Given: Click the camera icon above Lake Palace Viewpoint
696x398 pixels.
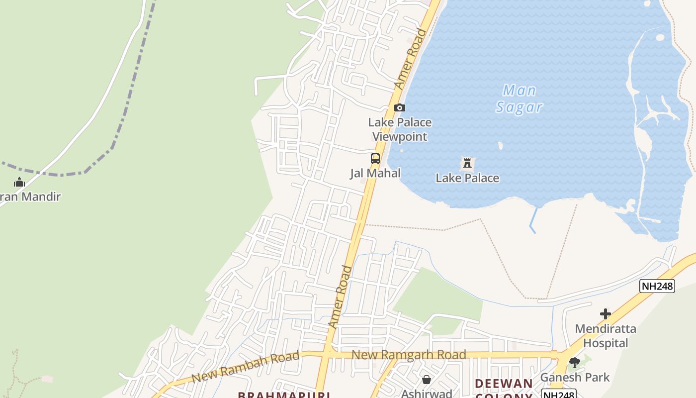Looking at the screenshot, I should click(x=399, y=107).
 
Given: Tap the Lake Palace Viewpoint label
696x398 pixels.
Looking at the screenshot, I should click(x=400, y=129).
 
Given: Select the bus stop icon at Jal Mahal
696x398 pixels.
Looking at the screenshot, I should click(x=375, y=159).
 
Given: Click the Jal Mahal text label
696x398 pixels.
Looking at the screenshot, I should click(x=375, y=173).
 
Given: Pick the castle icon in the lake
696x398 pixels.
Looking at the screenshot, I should click(x=467, y=163).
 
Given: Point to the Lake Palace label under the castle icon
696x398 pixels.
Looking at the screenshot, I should click(x=467, y=178).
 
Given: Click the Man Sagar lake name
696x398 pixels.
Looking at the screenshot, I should click(x=519, y=99).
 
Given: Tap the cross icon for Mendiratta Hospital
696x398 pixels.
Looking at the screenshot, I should click(x=605, y=314).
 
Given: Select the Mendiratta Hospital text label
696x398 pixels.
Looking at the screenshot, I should click(x=606, y=336).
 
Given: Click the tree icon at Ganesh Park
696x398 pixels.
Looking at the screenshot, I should click(x=575, y=363).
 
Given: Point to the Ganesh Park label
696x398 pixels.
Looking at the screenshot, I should click(x=575, y=377).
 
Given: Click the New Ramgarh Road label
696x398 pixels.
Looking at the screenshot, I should click(x=409, y=355).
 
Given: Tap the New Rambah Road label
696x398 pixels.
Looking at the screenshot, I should click(x=246, y=367).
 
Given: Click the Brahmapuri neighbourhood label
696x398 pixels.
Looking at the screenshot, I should click(x=284, y=395).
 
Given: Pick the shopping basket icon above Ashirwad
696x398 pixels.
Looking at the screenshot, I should click(x=426, y=380).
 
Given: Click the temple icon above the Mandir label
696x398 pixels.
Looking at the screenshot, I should click(x=19, y=183).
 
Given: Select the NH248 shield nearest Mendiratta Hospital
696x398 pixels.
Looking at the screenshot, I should click(x=657, y=286).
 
